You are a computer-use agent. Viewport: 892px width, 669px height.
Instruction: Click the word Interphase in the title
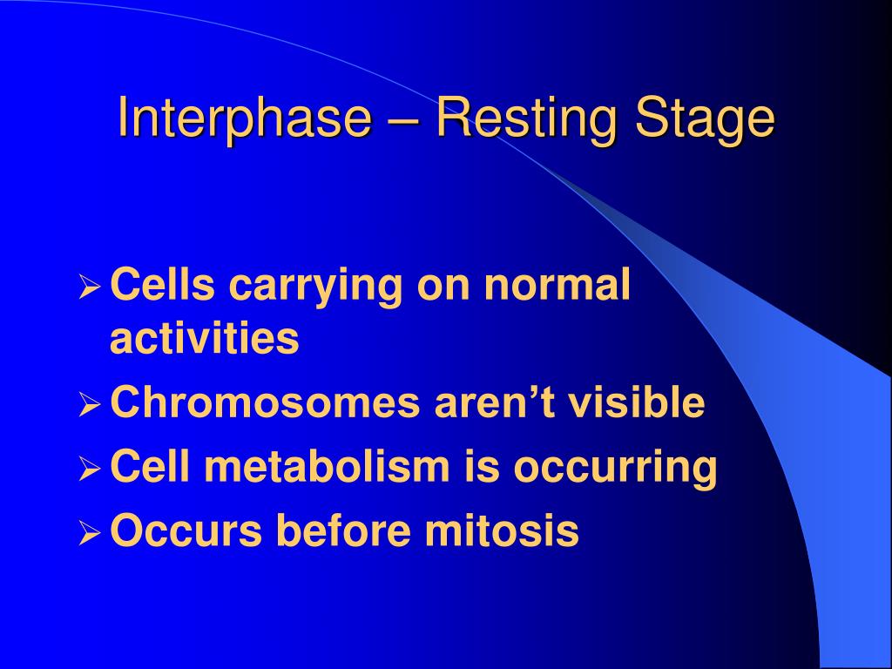pyautogui.click(x=245, y=118)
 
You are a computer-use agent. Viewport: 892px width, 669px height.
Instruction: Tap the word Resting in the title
pyautogui.click(x=526, y=118)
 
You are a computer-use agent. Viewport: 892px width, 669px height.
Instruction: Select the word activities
pyautogui.click(x=204, y=337)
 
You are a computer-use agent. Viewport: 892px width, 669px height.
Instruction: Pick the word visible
pyautogui.click(x=637, y=401)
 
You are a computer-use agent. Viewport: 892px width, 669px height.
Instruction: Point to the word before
pyautogui.click(x=342, y=530)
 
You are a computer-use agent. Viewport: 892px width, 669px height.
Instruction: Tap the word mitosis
pyautogui.click(x=502, y=530)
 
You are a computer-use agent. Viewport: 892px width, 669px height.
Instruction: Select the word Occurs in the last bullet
pyautogui.click(x=186, y=530)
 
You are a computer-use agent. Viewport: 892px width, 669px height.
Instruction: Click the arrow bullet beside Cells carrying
pyautogui.click(x=90, y=286)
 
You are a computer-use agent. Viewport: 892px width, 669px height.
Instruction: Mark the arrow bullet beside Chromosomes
pyautogui.click(x=90, y=404)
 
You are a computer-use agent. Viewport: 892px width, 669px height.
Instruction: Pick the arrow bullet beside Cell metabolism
pyautogui.click(x=90, y=469)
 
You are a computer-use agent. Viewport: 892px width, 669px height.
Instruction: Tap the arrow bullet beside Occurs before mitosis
pyautogui.click(x=90, y=533)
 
